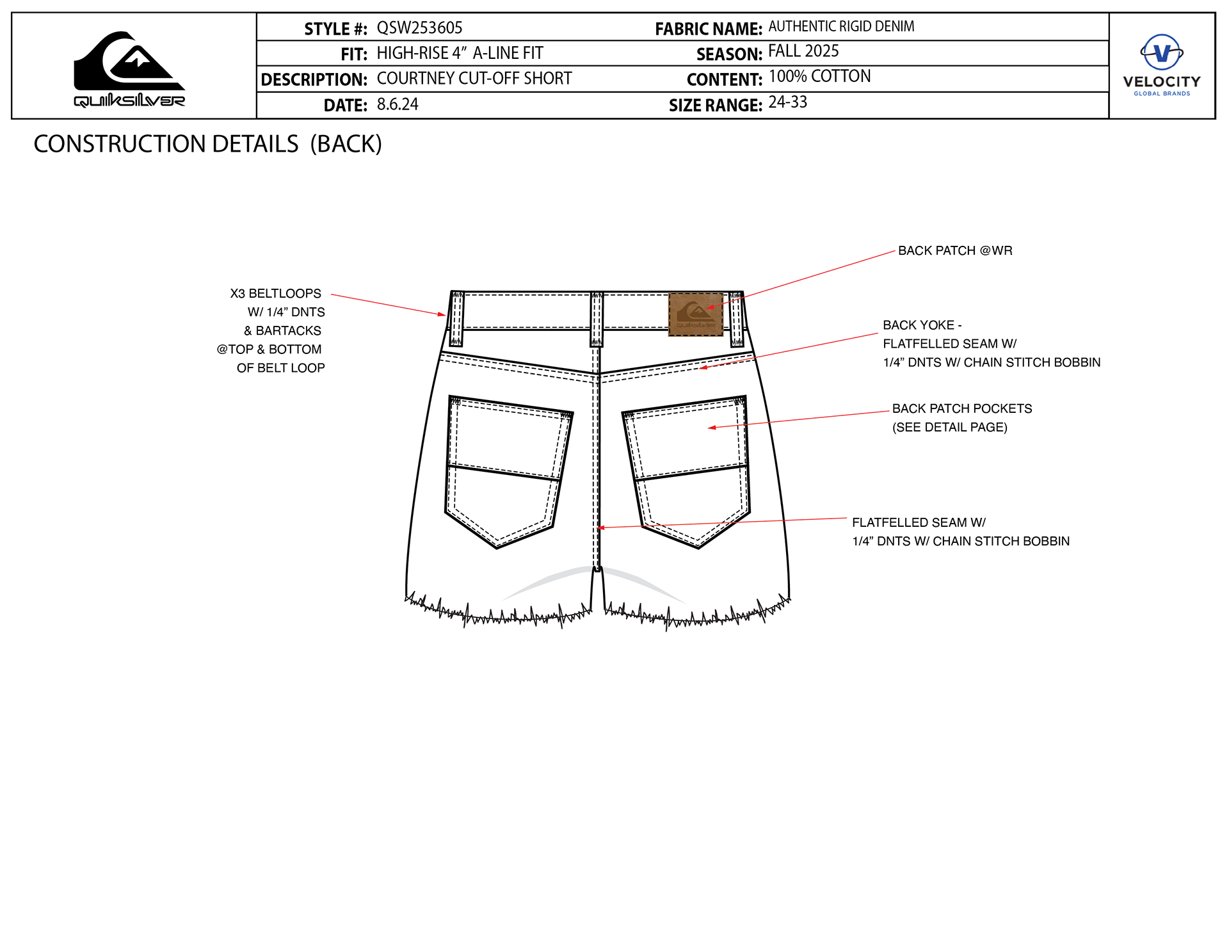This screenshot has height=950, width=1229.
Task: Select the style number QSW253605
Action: click(419, 28)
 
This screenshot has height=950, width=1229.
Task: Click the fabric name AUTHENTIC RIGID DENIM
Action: click(841, 27)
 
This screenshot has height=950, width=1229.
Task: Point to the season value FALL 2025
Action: click(803, 51)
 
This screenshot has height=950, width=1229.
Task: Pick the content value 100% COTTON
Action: click(819, 77)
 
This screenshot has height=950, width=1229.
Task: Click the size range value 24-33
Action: click(787, 102)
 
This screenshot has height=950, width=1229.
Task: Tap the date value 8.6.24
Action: click(398, 104)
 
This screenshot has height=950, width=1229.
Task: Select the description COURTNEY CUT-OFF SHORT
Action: click(474, 79)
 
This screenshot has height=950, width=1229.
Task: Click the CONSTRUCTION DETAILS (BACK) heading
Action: click(207, 144)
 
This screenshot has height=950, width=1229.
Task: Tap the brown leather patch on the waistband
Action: click(696, 314)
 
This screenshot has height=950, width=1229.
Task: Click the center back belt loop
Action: click(597, 319)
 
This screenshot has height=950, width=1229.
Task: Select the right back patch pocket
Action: click(688, 471)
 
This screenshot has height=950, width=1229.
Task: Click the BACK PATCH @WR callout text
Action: click(955, 251)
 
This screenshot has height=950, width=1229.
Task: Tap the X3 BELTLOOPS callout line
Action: click(276, 294)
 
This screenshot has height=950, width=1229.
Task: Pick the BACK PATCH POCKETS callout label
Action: click(962, 409)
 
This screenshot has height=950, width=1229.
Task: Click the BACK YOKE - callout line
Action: click(922, 325)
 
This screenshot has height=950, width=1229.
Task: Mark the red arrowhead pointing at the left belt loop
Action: click(442, 314)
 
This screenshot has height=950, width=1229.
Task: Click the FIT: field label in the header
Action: click(354, 54)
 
